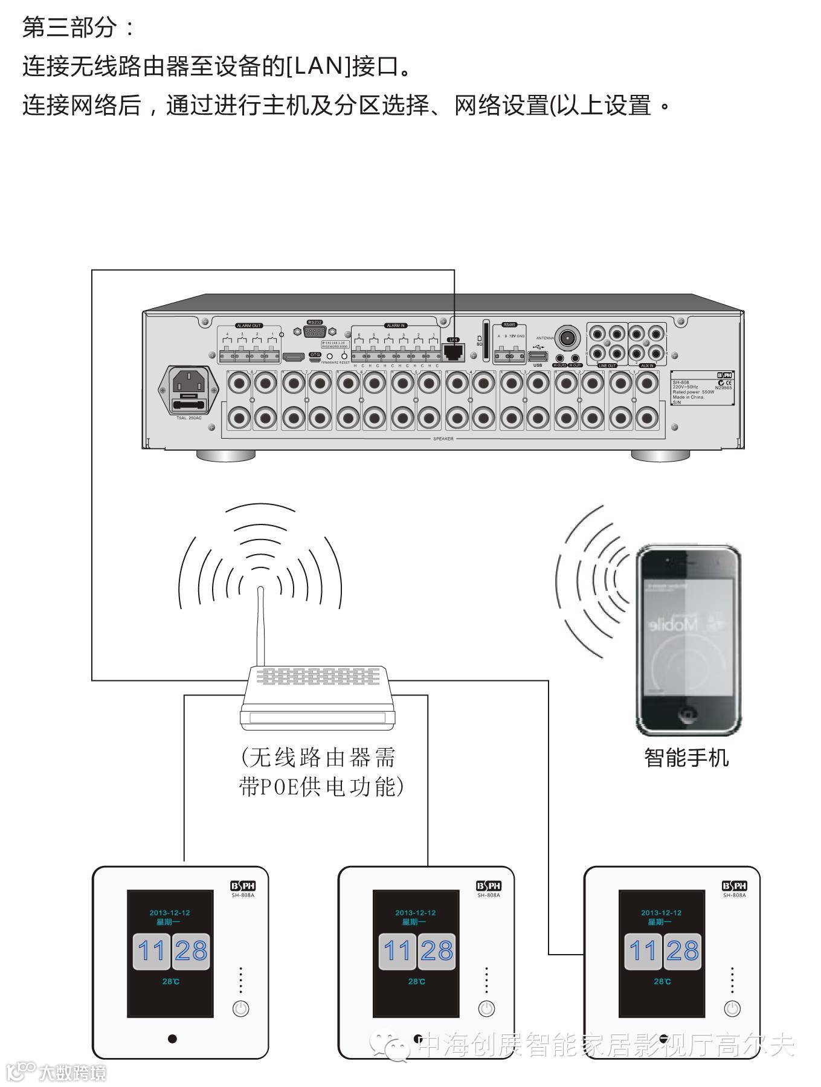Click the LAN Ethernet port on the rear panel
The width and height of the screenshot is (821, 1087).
pos(453,351)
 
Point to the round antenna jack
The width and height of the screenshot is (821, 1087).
pos(567,337)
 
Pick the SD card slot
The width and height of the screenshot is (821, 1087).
pos(486,341)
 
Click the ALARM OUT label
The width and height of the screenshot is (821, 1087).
pos(249,326)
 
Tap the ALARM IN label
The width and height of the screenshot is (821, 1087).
pos(396,326)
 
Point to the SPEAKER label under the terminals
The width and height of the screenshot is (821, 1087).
pos(443,439)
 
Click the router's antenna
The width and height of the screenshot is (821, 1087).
pos(260,625)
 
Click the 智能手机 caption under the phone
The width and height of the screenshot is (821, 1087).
pos(687,758)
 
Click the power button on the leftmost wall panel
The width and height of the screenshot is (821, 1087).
pos(240,1008)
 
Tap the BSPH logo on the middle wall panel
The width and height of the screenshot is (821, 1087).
pos(489,886)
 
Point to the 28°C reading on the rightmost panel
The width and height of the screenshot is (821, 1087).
pos(662,981)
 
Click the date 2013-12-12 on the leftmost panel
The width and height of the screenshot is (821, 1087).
pos(170,912)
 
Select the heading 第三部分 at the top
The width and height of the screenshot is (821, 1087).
pos(68,28)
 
